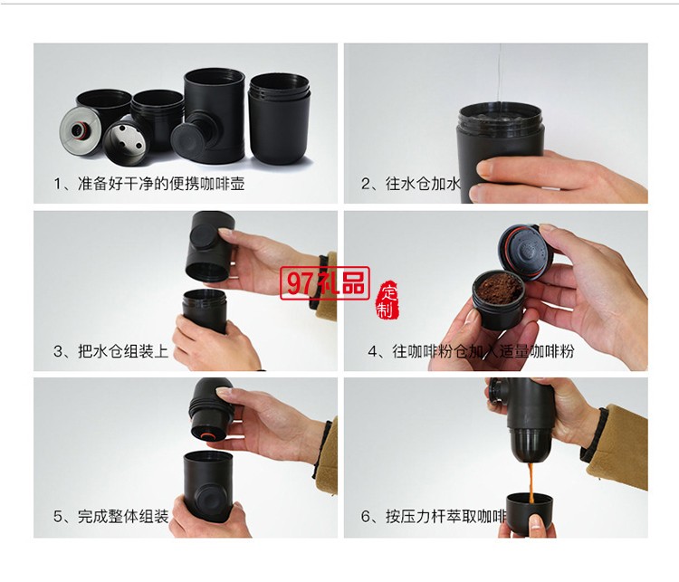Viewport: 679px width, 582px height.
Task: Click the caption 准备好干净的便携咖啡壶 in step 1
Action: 149,185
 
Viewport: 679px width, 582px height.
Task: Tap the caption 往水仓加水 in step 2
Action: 412,185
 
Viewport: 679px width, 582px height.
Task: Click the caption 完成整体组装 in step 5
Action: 110,518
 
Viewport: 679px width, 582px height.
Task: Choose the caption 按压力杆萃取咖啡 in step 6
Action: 433,518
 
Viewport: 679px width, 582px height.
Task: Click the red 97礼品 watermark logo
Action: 325,284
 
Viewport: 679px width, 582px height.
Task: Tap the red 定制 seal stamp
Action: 387,298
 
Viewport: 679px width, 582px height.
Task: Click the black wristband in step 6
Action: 594,435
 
